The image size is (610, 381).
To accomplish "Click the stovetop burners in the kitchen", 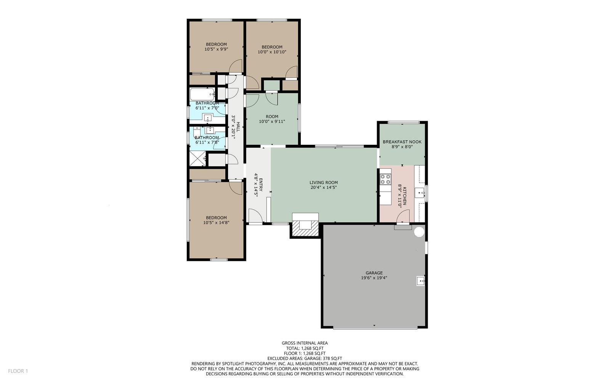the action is coord(385,179).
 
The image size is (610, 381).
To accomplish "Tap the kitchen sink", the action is coord(420,193).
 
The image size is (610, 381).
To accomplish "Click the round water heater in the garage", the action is coord(419,232).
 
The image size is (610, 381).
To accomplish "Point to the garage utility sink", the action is coord(421,281).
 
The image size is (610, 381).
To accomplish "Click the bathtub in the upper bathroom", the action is coord(202,94).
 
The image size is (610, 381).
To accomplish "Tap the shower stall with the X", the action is coord(198,158).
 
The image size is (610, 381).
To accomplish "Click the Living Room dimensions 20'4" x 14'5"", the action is coord(324,187).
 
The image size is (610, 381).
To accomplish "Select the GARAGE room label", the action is coord(374,273).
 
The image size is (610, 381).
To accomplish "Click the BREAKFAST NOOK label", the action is coord(402,142).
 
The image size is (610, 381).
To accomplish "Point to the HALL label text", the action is coord(238,127).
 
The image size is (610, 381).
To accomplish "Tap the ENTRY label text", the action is coord(261,184).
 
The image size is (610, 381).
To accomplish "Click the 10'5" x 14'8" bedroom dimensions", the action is coord(216,223).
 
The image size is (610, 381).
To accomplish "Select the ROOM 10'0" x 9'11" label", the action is coord(272,119).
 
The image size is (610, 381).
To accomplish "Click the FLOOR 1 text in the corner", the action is coord(18,371).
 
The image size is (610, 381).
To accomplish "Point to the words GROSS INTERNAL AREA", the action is coord(305,343).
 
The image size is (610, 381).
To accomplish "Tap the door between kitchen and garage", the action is coord(403,216).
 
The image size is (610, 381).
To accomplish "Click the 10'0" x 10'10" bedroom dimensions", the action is coord(272,52).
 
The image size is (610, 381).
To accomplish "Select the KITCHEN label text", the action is coord(405,196).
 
